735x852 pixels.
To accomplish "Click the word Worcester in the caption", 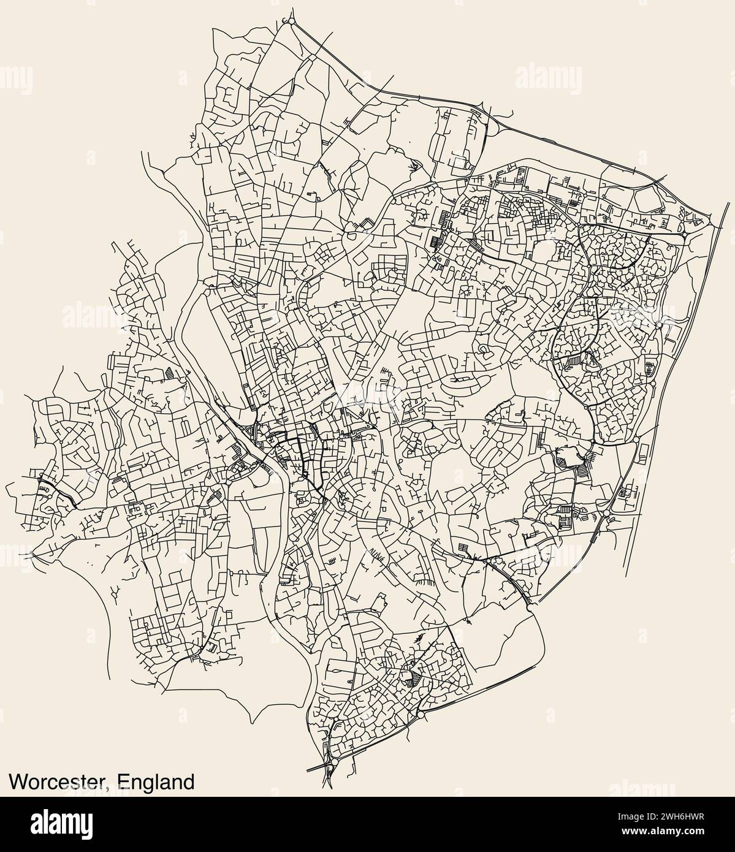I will coord(58,782).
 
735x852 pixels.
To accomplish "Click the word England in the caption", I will coord(156,782).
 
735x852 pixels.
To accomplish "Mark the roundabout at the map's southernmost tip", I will coord(331,764).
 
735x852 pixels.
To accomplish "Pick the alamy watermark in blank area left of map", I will coord(92,318).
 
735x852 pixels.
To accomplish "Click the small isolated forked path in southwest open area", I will coord(115,590).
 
